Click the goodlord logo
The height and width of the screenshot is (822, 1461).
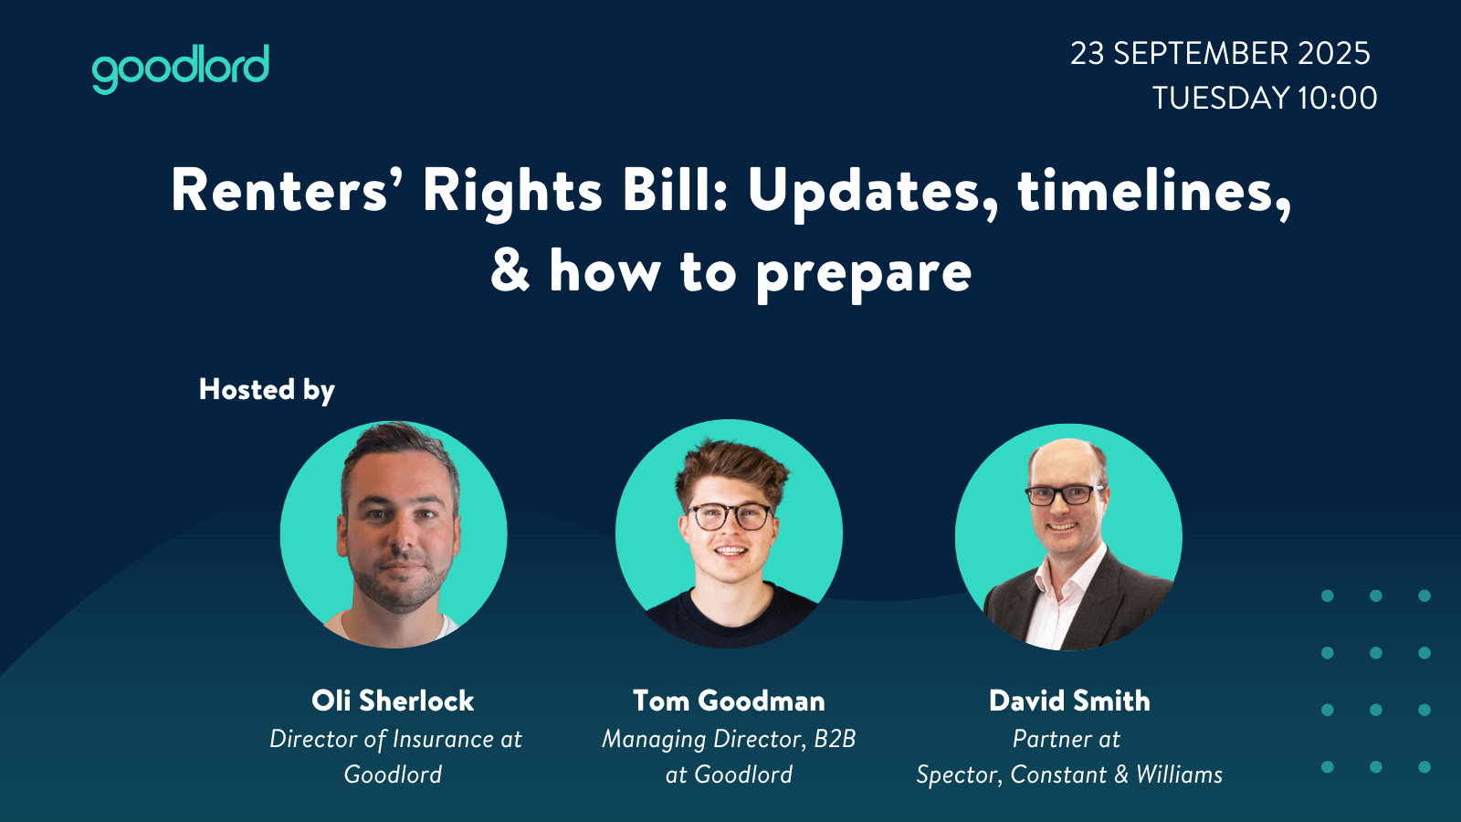[x=181, y=68]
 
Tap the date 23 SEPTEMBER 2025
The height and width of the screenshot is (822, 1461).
[x=1220, y=54]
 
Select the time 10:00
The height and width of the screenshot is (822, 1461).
[x=1337, y=99]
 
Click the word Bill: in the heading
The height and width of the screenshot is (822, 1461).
[x=675, y=191]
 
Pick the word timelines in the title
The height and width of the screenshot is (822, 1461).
[x=1146, y=191]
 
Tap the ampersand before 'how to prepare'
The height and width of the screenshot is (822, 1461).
[x=510, y=269]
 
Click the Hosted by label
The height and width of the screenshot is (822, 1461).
[x=267, y=390]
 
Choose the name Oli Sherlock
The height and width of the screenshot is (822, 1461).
[x=393, y=701]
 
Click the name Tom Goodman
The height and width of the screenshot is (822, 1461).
[x=729, y=701]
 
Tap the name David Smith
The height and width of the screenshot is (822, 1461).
[x=1069, y=701]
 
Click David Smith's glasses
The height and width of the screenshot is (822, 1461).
[x=1065, y=494]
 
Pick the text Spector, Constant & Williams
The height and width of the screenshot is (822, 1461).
[x=1069, y=775]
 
